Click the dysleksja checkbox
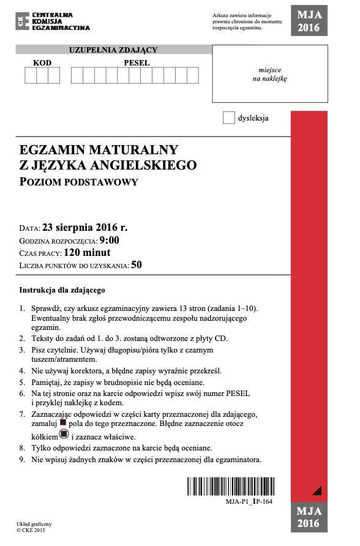tap(229, 118)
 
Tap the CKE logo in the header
tap(53, 21)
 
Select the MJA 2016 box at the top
tap(309, 22)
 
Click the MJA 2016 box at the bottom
tap(309, 517)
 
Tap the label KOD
tap(42, 62)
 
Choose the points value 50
tap(137, 265)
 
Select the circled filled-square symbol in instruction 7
tap(62, 435)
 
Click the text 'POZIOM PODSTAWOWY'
tap(79, 181)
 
